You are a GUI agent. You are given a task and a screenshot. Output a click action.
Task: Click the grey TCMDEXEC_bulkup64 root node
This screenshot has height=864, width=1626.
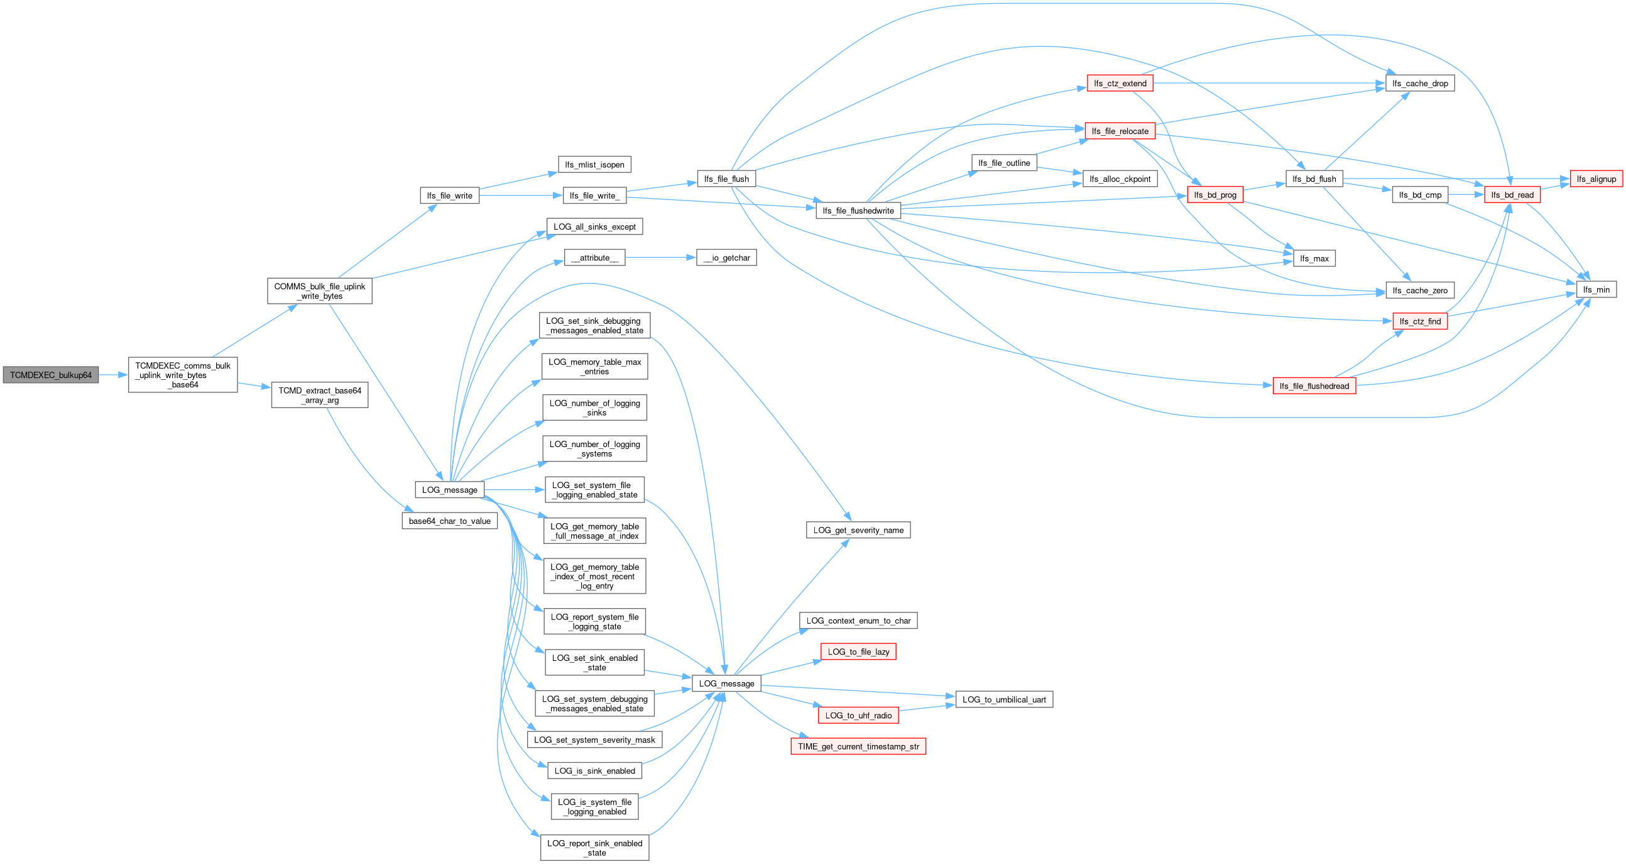tap(50, 375)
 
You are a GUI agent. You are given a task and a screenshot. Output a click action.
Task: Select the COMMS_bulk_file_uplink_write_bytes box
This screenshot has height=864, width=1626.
tap(319, 291)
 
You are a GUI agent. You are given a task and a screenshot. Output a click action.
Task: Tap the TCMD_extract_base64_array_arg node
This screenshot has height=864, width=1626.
tap(319, 396)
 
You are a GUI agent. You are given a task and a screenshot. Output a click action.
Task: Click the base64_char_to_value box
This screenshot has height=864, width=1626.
tap(449, 521)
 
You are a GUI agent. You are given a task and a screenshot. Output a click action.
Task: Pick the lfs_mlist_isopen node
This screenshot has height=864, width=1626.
tap(594, 165)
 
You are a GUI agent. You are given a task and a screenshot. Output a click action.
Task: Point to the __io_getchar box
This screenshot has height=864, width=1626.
tap(726, 258)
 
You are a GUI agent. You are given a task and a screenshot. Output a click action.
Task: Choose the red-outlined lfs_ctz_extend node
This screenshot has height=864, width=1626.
tap(1120, 84)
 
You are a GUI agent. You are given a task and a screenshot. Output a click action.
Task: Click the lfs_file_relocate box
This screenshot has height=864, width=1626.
tap(1120, 131)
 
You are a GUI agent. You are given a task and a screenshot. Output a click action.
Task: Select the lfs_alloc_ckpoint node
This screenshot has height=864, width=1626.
tap(1120, 179)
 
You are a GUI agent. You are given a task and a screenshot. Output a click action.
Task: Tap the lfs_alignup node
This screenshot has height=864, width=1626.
tap(1596, 179)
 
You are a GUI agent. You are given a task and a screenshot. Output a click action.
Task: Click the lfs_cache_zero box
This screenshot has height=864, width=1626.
tap(1419, 291)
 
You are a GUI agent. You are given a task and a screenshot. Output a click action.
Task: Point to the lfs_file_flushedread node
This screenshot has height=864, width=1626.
tap(1314, 386)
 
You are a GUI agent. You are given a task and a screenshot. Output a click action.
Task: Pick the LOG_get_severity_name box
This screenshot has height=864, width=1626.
tap(858, 531)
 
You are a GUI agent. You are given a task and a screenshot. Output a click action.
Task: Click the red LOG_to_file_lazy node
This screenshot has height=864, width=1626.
tap(858, 652)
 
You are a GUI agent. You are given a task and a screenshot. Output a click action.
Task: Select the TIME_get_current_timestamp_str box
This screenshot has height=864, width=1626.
tap(858, 746)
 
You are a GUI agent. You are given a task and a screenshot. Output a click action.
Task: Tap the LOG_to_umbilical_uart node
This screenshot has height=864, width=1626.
tap(1003, 700)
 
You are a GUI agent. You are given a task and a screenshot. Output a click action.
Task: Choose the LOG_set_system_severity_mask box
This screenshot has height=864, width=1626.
tap(594, 740)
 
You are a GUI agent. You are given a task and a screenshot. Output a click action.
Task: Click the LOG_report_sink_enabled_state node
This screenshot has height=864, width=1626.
tap(594, 848)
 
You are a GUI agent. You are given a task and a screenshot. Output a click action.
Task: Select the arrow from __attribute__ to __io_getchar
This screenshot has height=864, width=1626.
tap(660, 258)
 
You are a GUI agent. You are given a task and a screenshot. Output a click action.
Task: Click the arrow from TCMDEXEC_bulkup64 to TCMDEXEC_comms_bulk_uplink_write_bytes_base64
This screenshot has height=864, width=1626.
tap(114, 375)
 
